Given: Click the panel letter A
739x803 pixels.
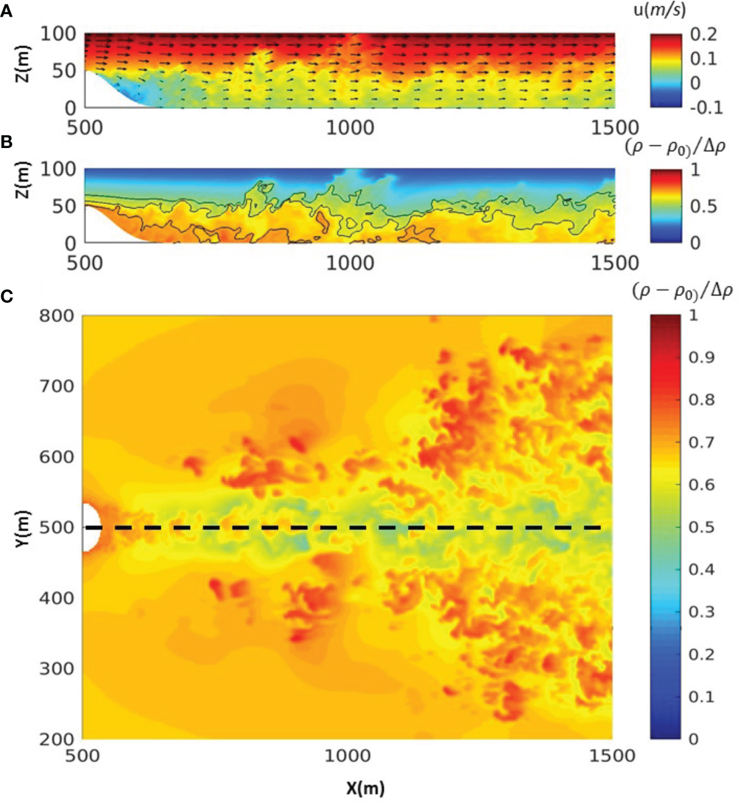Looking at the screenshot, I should click(6, 10).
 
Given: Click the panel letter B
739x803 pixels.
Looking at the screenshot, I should click(6, 142).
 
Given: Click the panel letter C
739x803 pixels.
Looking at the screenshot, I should click(7, 297).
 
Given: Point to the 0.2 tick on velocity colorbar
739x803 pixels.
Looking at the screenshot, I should click(704, 33).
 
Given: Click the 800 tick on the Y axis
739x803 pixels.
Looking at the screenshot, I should click(57, 316).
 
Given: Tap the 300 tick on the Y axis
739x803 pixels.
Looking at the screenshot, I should click(57, 669).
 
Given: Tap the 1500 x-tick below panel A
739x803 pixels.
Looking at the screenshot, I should click(614, 128).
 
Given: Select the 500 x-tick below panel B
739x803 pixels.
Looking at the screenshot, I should click(85, 263).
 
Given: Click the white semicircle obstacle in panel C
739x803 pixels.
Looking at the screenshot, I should click(90, 527).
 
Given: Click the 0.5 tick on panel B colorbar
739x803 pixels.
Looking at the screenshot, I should click(704, 206).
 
